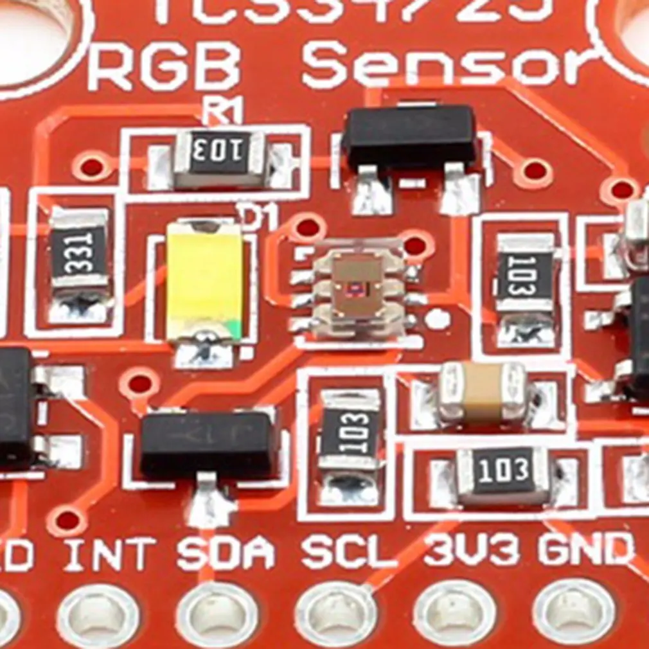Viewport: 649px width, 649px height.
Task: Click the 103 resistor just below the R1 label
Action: (x=220, y=155)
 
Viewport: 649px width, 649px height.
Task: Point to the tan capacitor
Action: (x=482, y=391)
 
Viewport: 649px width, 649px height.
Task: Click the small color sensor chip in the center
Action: (x=357, y=287)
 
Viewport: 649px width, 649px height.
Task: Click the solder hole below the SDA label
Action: (x=217, y=618)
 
